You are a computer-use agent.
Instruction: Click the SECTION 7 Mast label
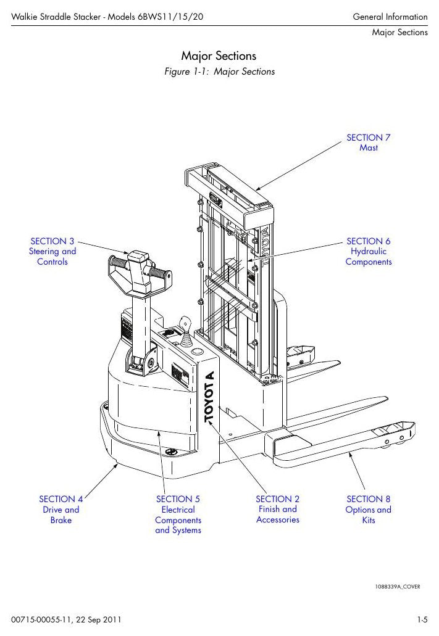click(x=369, y=142)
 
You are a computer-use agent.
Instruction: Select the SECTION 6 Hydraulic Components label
click(x=369, y=252)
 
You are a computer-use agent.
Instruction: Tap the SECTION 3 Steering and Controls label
click(x=52, y=252)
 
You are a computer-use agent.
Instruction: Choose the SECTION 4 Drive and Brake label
click(x=61, y=510)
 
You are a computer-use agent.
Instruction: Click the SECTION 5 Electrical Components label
click(x=178, y=514)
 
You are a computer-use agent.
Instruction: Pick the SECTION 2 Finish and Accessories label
click(x=278, y=510)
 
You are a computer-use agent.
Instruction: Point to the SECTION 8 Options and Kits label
click(x=369, y=510)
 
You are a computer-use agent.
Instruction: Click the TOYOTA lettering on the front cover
click(x=209, y=397)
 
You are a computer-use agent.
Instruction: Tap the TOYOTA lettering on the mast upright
click(x=264, y=247)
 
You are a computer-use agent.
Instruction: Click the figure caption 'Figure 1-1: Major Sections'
click(x=219, y=72)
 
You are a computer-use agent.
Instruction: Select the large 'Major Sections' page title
click(x=219, y=56)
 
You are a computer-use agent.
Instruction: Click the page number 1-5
click(x=422, y=620)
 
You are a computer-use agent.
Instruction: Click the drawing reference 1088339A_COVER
click(x=398, y=587)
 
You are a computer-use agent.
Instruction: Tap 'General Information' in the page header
click(x=390, y=17)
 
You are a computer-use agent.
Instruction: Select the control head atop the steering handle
click(x=138, y=273)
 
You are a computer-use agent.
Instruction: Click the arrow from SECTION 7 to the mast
click(x=299, y=166)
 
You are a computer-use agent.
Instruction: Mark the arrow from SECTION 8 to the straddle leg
click(x=356, y=471)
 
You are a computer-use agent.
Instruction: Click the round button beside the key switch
click(x=198, y=351)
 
